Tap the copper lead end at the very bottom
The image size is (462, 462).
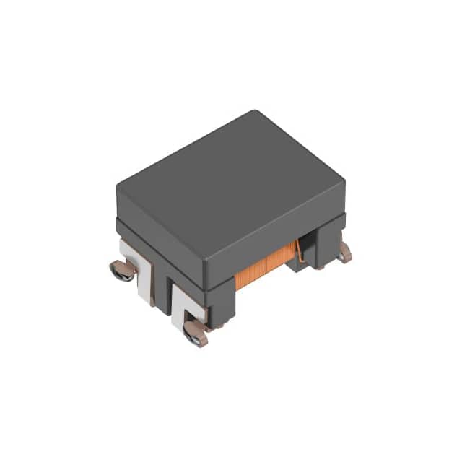(x=195, y=333)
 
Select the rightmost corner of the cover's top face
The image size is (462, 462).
(x=344, y=179)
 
